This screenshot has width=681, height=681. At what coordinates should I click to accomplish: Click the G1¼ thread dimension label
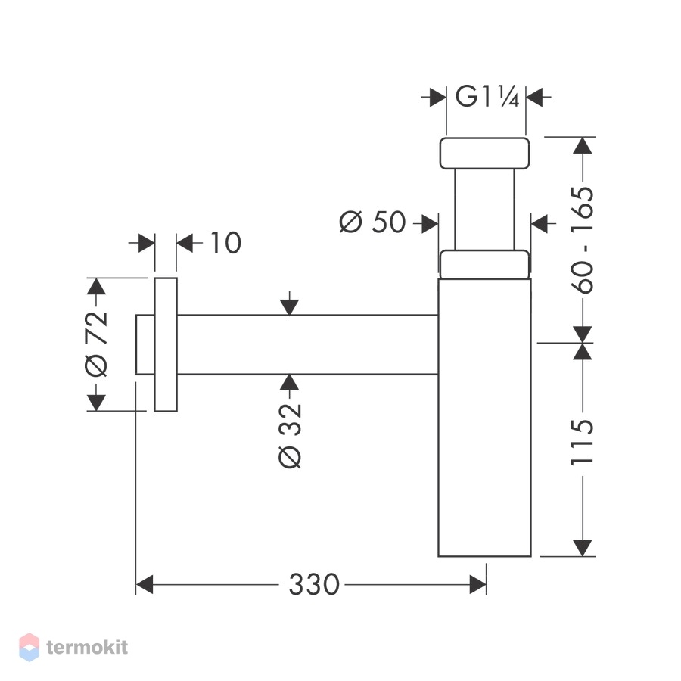487,97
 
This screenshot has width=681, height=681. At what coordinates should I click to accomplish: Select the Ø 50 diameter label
372,222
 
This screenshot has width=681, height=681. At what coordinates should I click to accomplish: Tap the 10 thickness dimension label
225,242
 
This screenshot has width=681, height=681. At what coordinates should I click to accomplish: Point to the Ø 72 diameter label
96,344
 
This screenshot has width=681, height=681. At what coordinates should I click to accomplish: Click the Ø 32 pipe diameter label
290,436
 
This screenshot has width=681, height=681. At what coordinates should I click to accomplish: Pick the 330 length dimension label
314,585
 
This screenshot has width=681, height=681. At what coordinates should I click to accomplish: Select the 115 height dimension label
582,443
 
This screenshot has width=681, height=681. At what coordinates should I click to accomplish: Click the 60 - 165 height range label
582,240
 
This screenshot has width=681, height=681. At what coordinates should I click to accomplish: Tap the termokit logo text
87,647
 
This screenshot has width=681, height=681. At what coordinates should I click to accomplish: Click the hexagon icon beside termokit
29,647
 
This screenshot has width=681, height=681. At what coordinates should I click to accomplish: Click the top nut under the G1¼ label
484,154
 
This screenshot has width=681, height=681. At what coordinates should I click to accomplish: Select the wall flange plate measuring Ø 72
166,344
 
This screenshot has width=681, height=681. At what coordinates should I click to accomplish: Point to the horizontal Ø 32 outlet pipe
307,344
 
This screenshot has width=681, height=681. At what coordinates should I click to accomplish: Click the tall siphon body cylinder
484,418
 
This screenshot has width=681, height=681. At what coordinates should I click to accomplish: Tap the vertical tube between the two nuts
484,210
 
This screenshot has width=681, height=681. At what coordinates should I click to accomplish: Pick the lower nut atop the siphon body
484,265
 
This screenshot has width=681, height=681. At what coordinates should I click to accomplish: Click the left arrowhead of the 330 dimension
145,585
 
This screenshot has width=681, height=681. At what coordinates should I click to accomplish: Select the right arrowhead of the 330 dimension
477,585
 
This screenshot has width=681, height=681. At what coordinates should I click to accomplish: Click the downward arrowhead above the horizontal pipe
289,307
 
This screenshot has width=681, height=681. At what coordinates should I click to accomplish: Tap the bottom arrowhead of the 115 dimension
582,548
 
